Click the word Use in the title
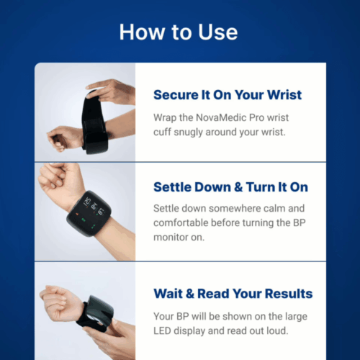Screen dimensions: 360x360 pos(218,32)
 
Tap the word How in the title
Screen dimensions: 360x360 pos(142,32)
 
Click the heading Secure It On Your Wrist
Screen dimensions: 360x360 pos(228,95)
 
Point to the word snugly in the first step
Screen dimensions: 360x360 pos(188,132)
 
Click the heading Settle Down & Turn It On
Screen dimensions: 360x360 pos(230,187)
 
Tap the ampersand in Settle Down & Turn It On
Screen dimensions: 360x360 pos(238,187)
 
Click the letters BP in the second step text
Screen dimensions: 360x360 pos(300,222)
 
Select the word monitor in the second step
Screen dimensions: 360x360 pos(171,238)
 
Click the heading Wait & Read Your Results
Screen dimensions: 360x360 pos(233,294)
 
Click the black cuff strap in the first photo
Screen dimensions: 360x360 pos(95,124)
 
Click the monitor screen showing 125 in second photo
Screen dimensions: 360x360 pos(89,213)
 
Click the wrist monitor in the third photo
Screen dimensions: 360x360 pos(97,312)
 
